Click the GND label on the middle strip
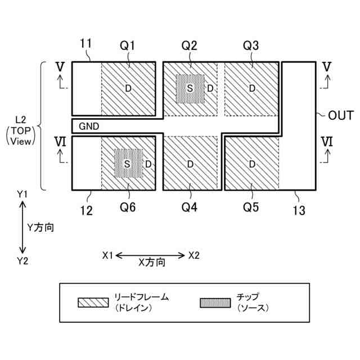89,126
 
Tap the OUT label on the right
340,116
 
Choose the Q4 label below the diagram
190,208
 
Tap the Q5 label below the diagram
251,208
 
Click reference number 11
85,44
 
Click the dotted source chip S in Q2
190,88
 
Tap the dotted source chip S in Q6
127,164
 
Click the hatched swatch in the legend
93,303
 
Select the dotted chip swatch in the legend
215,303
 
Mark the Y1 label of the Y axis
22,193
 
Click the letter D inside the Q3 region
252,88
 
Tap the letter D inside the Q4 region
190,164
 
